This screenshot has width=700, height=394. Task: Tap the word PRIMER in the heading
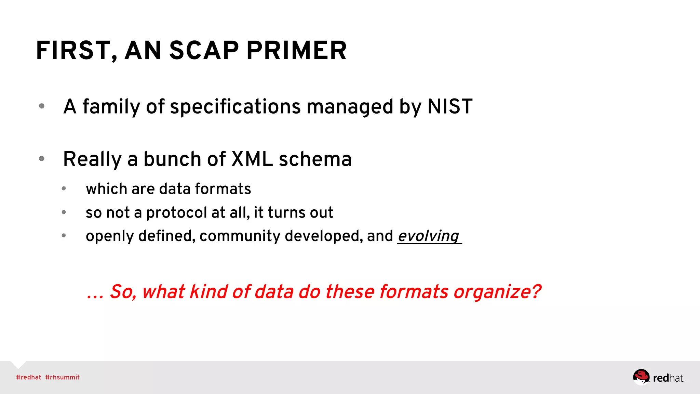[296, 51]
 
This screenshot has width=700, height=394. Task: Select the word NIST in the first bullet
[450, 106]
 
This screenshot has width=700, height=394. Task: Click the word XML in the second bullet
[252, 159]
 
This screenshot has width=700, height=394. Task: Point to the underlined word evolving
[428, 236]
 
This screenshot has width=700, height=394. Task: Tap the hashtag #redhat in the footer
[28, 377]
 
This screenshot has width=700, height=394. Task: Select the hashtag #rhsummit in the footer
[62, 377]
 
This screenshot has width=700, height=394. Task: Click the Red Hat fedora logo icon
[641, 377]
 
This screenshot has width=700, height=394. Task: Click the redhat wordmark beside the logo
[668, 378]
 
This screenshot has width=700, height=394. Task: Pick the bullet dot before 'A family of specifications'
[42, 106]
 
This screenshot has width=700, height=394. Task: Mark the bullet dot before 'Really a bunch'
[42, 159]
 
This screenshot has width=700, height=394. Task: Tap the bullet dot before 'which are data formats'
[64, 189]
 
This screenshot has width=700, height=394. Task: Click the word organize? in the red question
[497, 292]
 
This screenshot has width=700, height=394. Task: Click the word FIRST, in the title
[77, 51]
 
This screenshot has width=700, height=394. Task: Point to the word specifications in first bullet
[235, 106]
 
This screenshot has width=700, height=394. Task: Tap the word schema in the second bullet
[315, 159]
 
